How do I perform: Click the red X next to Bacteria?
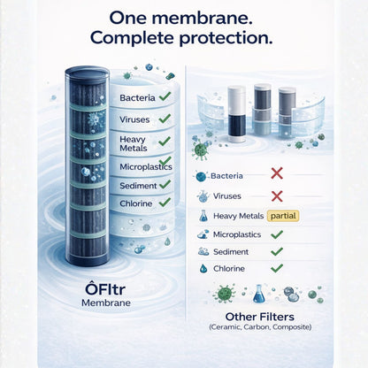278,175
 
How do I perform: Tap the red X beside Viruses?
277,195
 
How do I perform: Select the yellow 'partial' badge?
283,215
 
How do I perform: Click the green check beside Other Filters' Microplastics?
276,234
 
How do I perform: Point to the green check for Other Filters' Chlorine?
276,267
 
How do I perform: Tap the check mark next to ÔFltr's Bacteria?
164,97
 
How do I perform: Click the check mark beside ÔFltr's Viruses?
163,119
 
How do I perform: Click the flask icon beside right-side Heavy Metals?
203,216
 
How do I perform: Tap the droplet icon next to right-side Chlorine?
203,267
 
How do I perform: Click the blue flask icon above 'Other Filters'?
259,294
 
